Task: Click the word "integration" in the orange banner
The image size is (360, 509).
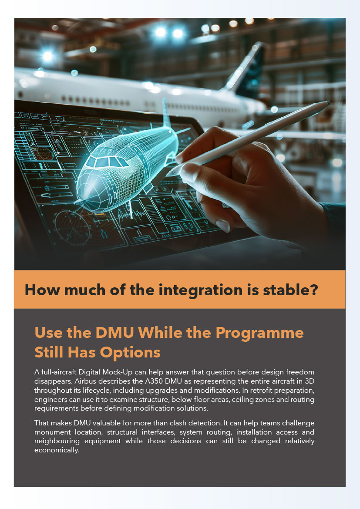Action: (x=201, y=290)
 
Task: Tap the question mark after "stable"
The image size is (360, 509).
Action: (x=314, y=290)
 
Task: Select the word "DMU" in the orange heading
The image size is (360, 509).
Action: (x=114, y=332)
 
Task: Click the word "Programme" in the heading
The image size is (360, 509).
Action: (x=260, y=333)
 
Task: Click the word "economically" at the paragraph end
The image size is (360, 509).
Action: (x=57, y=450)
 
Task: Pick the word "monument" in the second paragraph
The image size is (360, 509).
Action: (x=52, y=432)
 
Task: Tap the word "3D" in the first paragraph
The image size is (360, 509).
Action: (x=310, y=381)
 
